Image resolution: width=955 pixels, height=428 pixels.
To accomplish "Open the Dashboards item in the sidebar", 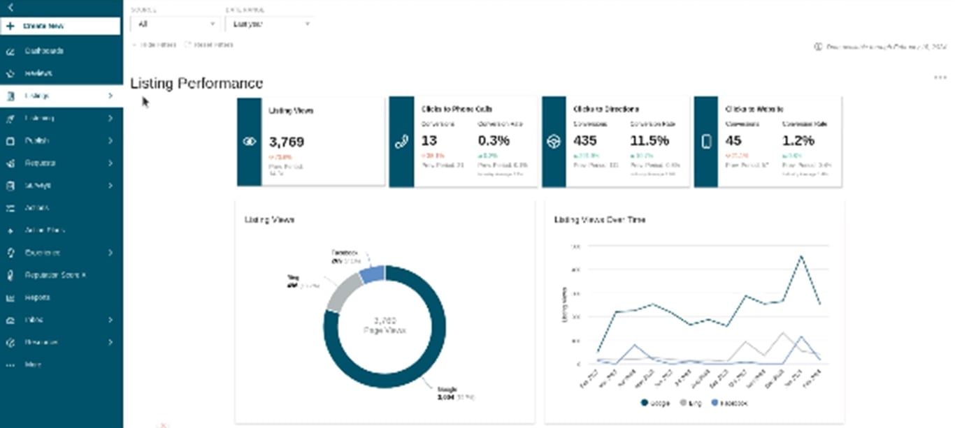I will (43, 51).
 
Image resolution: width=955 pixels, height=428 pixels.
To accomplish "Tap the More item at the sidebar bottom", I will (32, 364).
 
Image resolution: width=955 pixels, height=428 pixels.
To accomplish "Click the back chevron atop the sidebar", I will (10, 7).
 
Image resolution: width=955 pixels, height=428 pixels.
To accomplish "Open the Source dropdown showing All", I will (175, 24).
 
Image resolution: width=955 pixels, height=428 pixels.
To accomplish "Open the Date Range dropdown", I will (269, 24).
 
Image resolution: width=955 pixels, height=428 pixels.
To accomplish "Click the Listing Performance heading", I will (196, 83).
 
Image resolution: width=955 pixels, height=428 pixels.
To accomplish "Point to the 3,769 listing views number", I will (286, 142).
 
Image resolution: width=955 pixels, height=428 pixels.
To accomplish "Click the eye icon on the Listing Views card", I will (250, 142).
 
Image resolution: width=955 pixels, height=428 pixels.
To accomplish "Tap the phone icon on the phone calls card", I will (401, 142).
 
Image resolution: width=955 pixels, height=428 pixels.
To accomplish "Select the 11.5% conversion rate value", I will (649, 140).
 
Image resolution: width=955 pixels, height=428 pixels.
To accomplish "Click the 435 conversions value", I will (584, 140).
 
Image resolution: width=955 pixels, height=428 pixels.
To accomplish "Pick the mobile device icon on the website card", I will (706, 142).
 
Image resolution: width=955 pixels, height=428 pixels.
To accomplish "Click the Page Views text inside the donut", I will (385, 330).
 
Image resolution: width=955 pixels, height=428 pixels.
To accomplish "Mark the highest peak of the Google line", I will (800, 256).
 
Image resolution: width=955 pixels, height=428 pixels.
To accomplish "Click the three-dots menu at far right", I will (940, 78).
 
